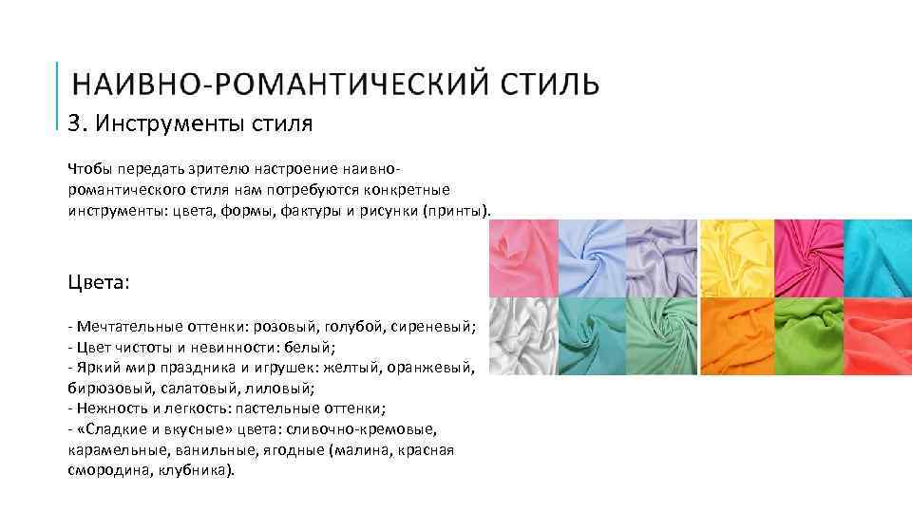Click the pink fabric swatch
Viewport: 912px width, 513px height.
point(522,257)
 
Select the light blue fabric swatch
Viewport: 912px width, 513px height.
point(592,257)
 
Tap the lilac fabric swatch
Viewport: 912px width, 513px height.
point(662,257)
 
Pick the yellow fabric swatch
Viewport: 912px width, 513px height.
point(733,257)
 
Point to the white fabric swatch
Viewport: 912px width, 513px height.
point(522,336)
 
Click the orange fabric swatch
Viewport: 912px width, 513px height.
point(733,336)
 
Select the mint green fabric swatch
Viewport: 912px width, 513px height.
point(662,336)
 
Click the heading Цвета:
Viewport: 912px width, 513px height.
point(99,283)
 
